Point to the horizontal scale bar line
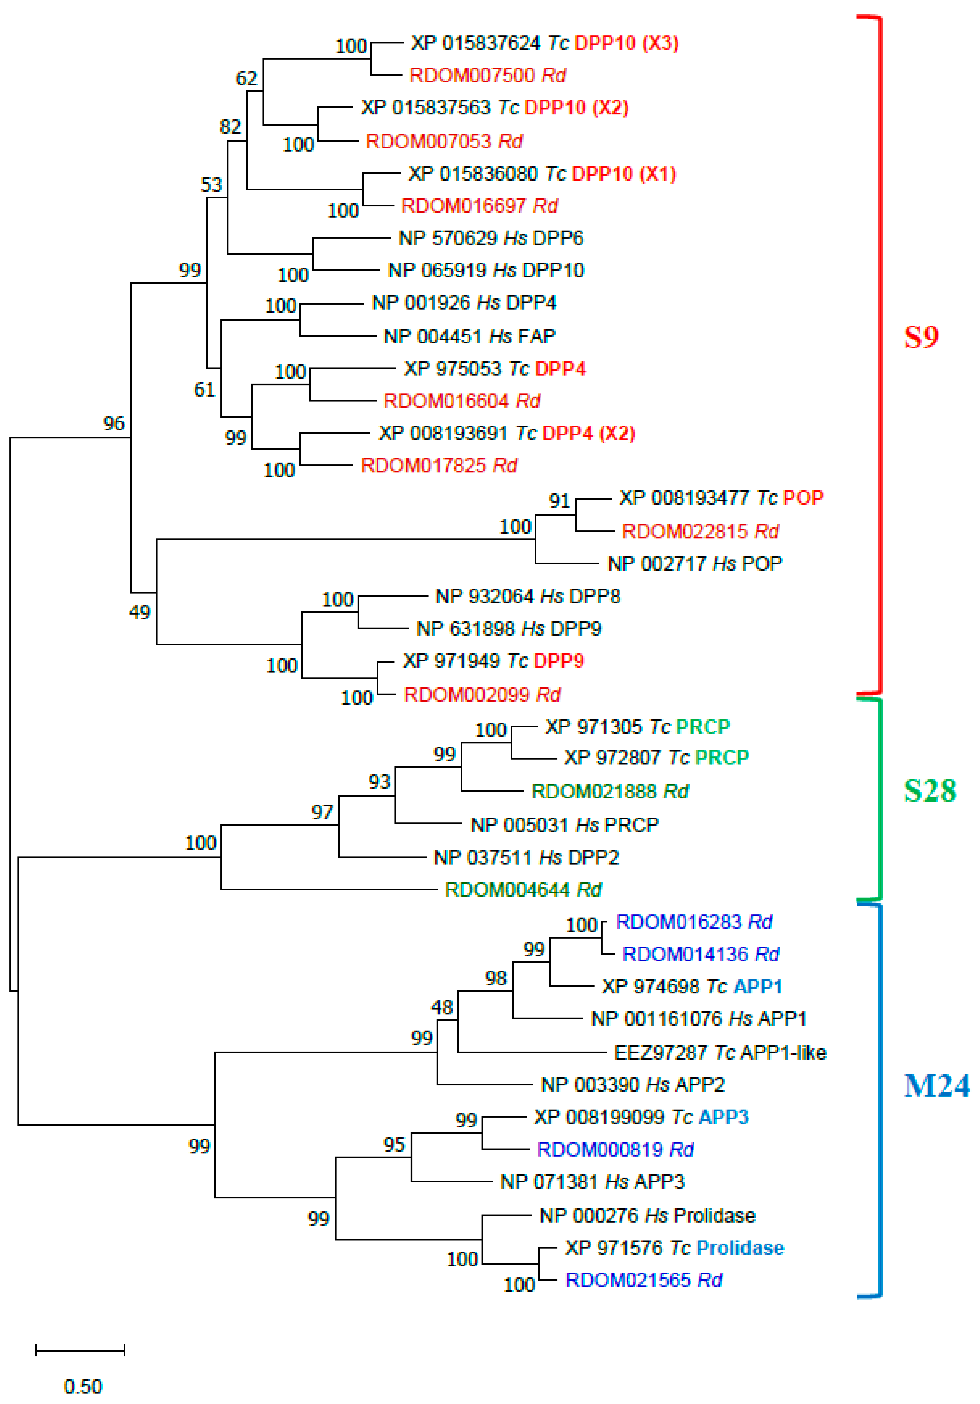click(80, 1350)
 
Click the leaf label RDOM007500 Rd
click(487, 75)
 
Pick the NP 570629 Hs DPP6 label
click(491, 238)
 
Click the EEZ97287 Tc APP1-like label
click(720, 1052)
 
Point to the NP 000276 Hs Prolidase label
click(647, 1216)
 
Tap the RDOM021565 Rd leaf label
click(644, 1280)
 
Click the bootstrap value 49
click(139, 612)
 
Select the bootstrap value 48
click(441, 1007)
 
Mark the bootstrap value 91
click(559, 501)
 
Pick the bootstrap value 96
click(114, 423)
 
